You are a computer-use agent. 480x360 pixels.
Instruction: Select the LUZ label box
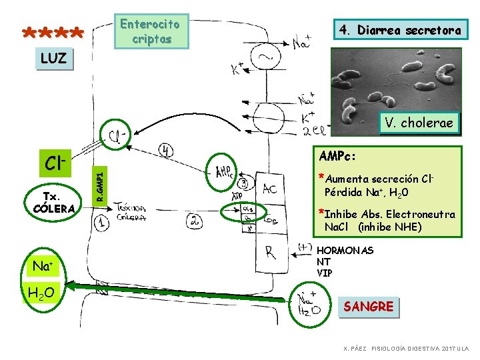(53, 59)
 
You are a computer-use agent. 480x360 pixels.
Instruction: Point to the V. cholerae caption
(419, 123)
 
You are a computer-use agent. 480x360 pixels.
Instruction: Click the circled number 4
(166, 150)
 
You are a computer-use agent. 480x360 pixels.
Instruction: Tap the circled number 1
(102, 225)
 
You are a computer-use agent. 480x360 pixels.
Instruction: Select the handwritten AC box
(270, 189)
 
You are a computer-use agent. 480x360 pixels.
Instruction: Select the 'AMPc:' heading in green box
(339, 155)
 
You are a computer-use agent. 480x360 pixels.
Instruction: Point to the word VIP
(325, 273)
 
